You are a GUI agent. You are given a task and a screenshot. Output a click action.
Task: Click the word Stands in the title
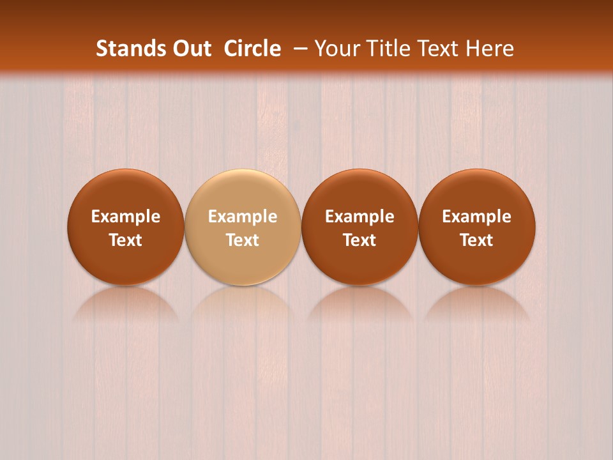point(124,49)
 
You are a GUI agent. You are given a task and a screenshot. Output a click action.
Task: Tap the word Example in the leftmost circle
point(126,217)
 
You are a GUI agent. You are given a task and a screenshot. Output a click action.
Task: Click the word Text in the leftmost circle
point(126,240)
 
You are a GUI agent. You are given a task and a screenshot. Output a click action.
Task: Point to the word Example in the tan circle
point(243,217)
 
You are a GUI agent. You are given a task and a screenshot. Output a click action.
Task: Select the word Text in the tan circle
point(243,240)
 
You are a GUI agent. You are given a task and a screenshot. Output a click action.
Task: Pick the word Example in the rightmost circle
point(477,217)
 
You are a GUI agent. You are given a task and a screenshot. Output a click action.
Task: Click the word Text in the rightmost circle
point(477,240)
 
